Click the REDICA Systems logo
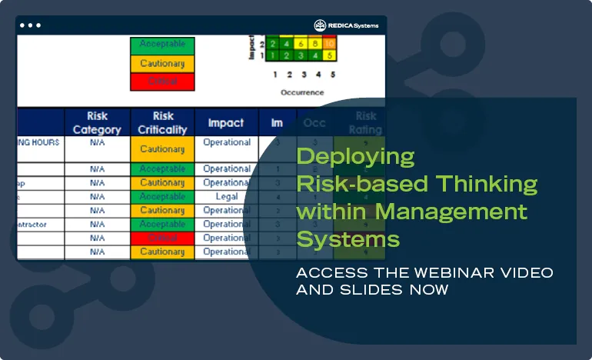tap(346, 25)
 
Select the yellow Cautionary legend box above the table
tap(161, 63)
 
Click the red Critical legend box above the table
tap(161, 81)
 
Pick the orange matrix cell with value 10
tap(328, 44)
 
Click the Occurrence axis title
tap(301, 92)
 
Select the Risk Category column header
tap(97, 123)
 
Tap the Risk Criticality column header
tap(162, 123)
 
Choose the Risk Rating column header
tap(365, 123)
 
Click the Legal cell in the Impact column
tap(227, 197)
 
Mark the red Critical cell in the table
tap(162, 238)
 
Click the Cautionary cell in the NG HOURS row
tap(162, 148)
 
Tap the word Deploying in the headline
tap(355, 157)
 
